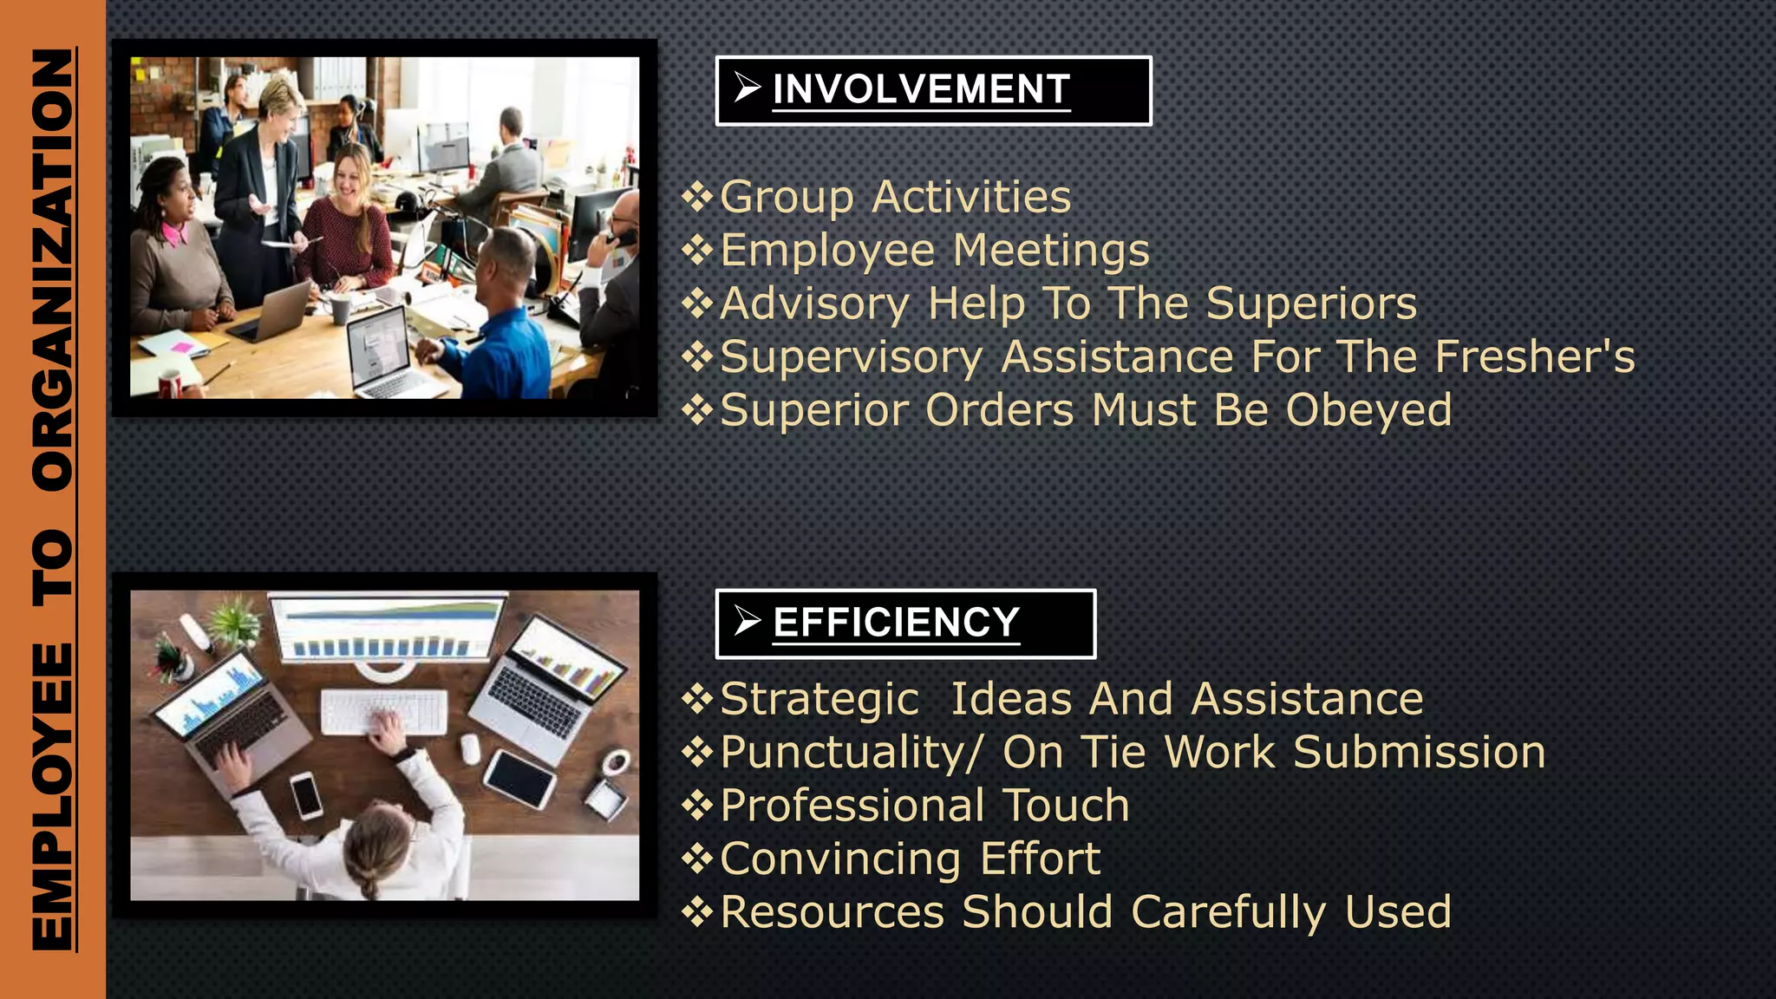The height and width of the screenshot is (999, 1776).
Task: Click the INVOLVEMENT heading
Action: coord(921,89)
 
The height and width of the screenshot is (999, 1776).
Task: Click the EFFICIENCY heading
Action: coord(896,623)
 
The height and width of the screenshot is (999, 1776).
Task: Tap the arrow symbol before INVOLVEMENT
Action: coord(747,88)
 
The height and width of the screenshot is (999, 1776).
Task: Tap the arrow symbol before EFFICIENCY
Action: coord(747,621)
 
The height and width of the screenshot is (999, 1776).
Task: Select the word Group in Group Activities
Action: coord(787,198)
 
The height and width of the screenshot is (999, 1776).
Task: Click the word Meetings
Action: coord(1051,251)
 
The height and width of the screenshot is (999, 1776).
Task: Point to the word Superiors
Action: coord(1311,304)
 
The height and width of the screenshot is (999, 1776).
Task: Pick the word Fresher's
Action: coord(1534,357)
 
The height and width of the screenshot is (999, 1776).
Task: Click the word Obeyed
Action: coord(1368,410)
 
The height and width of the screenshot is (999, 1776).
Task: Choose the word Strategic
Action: coord(819,700)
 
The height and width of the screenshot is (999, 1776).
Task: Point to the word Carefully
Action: coord(1229,912)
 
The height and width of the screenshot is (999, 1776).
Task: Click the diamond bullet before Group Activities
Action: coord(697,197)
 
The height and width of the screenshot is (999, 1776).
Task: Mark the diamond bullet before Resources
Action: coord(697,911)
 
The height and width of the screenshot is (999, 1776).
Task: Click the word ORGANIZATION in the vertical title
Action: coord(53,270)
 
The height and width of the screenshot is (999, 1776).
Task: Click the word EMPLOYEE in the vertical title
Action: coord(53,795)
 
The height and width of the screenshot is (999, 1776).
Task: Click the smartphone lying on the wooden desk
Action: coord(306,794)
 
